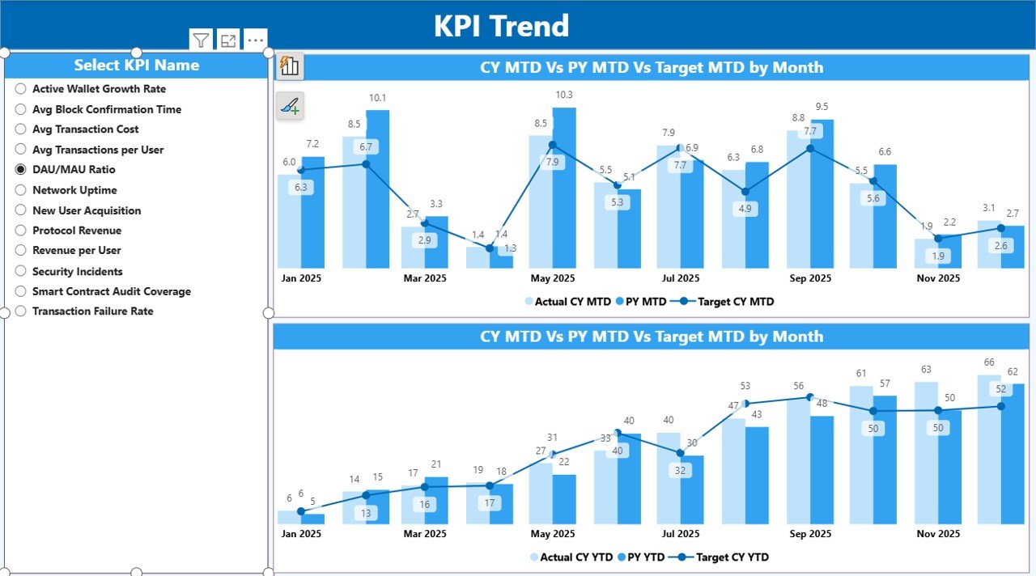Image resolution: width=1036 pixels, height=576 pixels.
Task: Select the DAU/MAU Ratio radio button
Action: pos(21,170)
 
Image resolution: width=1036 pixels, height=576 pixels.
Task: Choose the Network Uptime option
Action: pos(21,190)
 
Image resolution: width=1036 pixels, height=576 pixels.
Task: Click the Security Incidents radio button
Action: pos(21,271)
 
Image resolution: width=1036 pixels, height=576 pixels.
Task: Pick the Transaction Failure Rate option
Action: pos(21,311)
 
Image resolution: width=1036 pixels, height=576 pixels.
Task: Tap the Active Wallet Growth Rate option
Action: pos(21,89)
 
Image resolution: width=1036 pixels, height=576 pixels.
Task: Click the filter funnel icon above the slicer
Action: pos(201,40)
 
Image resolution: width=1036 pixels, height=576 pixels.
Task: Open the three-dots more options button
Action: pos(255,40)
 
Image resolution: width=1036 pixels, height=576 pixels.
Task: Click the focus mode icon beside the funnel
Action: pos(228,40)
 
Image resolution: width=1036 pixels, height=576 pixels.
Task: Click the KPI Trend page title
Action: pos(501,26)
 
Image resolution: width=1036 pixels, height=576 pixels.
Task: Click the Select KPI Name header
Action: pos(136,66)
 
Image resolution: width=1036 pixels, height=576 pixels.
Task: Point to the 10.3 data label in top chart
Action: pos(564,95)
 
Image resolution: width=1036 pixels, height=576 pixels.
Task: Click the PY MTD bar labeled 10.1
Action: pos(377,189)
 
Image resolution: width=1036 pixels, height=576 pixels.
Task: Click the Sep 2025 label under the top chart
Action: pos(809,278)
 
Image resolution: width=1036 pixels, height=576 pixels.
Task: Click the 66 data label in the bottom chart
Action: pos(988,362)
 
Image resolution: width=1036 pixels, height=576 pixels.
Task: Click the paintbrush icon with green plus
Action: pos(290,105)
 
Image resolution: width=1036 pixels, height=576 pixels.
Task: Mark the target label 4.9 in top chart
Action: pos(745,209)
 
